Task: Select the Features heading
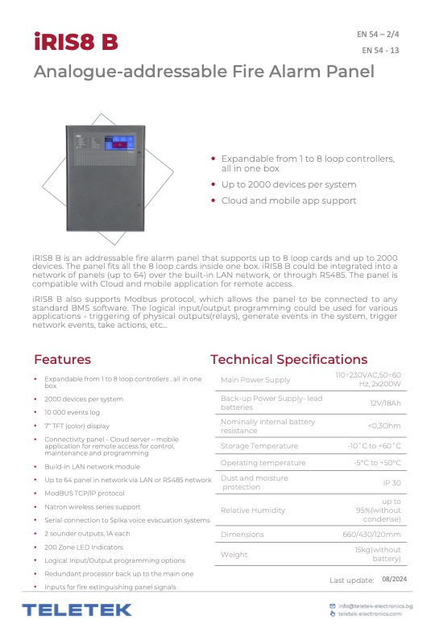68,359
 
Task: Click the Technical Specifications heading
288,359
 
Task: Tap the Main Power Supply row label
255,380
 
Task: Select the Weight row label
234,554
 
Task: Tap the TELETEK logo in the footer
77,609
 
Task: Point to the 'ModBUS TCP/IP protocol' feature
85,493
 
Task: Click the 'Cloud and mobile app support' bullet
288,200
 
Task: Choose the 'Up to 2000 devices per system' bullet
288,184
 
